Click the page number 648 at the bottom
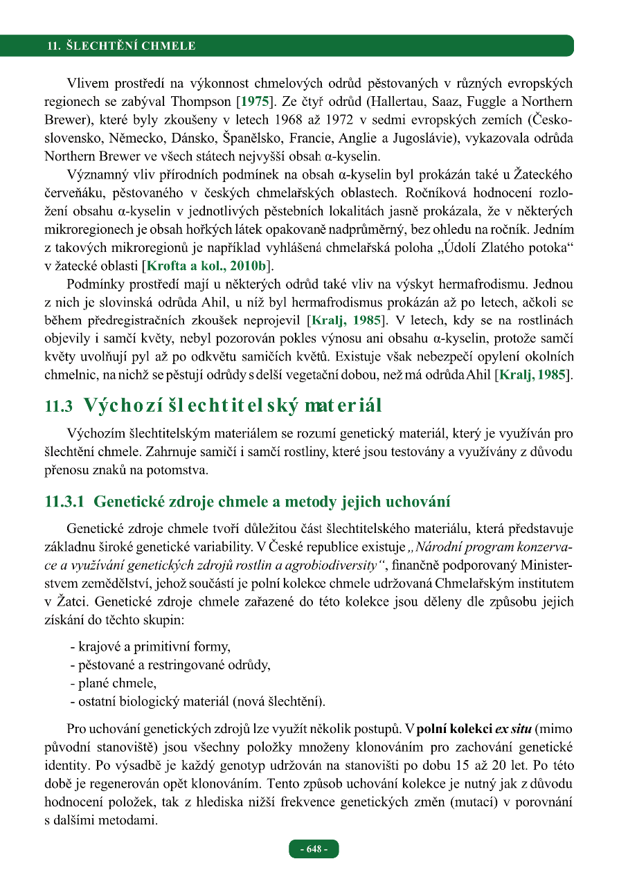[314, 849]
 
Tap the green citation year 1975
[253, 102]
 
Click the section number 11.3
[58, 407]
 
